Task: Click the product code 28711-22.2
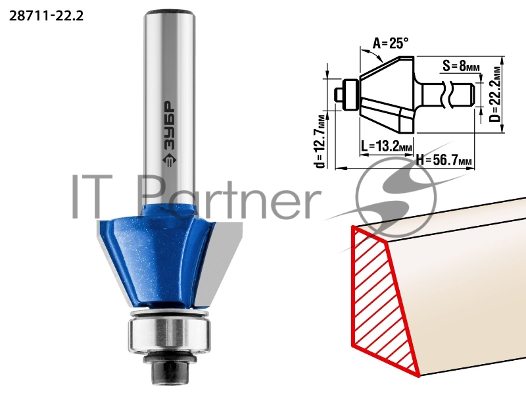46,16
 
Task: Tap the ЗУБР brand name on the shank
170,124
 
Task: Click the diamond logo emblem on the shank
170,160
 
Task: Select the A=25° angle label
391,43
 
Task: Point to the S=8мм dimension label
461,66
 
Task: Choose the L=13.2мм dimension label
387,146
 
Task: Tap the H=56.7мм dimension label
444,160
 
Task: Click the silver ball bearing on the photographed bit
170,335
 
